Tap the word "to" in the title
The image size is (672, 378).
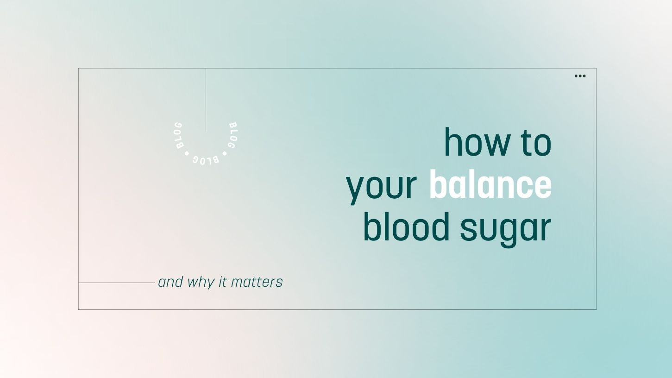pos(536,143)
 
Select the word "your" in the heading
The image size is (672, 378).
pos(381,186)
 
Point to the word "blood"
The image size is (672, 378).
pos(406,227)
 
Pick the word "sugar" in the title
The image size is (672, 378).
pos(505,228)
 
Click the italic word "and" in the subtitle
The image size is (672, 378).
pos(170,282)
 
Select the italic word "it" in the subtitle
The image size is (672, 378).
pos(223,282)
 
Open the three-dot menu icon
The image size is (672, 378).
pos(580,76)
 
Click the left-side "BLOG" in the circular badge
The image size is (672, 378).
pos(178,135)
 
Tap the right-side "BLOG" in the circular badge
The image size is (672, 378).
pos(233,135)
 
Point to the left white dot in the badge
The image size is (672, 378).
pos(187,153)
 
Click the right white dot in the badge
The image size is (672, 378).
pos(225,153)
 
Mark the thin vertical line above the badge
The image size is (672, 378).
pos(206,100)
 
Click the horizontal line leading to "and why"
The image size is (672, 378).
pos(116,283)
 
